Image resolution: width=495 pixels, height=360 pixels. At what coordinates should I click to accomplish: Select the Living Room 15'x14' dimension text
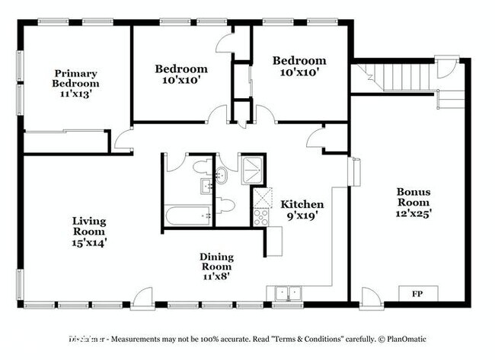89,243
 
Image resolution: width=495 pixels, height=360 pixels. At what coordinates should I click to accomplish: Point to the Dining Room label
216,262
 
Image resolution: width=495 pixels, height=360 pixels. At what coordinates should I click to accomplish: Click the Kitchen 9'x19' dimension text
302,216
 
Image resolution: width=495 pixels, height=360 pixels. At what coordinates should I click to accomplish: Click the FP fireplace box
417,294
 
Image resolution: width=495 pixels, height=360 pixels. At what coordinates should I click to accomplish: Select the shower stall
252,170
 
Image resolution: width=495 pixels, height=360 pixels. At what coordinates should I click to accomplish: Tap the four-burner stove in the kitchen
261,216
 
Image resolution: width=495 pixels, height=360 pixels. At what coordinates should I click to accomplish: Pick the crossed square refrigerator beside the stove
263,196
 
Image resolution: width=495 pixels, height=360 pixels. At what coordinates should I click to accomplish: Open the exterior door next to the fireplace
371,298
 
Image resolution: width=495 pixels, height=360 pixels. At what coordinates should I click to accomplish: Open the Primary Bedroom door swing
123,139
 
